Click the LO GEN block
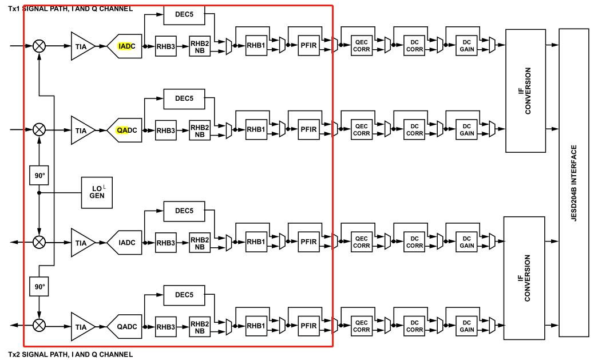click(97, 192)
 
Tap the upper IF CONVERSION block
click(525, 90)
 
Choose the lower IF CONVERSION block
click(525, 278)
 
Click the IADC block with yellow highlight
click(124, 46)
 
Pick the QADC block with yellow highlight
click(124, 130)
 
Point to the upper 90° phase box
click(39, 175)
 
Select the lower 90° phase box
click(39, 286)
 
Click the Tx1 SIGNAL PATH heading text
click(70, 8)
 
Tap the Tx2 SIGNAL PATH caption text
click(70, 355)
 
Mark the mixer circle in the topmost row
click(39, 46)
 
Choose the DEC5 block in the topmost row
click(184, 15)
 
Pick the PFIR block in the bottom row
click(308, 326)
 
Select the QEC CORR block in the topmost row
click(361, 46)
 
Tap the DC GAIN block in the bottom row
click(467, 326)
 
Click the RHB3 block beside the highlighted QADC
click(165, 130)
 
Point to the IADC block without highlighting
click(124, 243)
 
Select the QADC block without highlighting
click(124, 327)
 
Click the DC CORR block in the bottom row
click(414, 326)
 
